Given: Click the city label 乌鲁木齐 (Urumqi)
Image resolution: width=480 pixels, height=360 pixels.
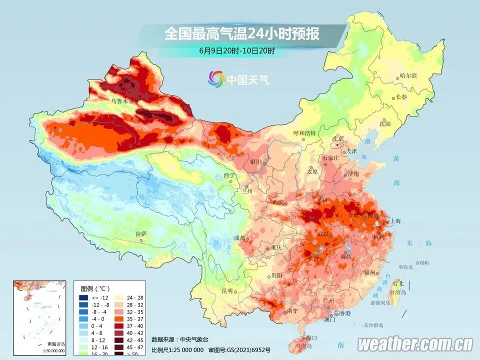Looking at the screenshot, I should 122,101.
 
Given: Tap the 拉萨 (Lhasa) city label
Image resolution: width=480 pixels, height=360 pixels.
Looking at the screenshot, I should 141,233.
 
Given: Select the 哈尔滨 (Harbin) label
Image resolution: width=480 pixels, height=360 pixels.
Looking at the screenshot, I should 408,76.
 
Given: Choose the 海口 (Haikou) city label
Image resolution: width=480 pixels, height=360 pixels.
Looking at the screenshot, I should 311,338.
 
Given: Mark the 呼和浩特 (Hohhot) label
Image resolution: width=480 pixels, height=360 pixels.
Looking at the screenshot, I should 304,133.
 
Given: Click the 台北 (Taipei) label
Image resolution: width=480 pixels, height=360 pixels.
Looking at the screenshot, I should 397,283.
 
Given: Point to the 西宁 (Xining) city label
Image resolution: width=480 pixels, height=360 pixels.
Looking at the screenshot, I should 229,175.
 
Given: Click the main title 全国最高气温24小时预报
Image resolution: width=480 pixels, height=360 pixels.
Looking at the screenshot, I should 241,34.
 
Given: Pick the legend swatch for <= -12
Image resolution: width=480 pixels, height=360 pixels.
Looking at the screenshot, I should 83,297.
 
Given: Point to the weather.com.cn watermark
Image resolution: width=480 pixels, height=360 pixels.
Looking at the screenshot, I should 415,344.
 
